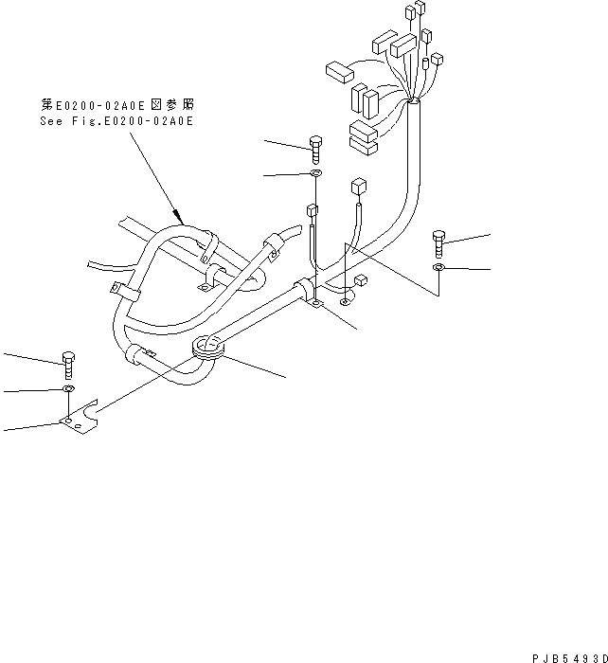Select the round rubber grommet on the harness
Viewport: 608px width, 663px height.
click(x=208, y=349)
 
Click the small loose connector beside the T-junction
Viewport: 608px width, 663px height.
click(x=361, y=280)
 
